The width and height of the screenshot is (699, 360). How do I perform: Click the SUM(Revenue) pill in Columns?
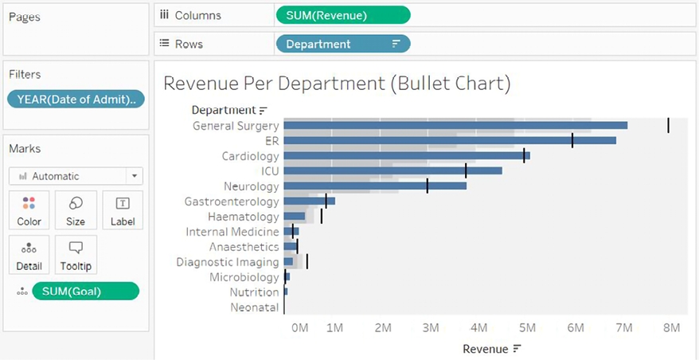click(343, 15)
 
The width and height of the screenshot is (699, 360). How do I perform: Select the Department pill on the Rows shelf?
click(343, 44)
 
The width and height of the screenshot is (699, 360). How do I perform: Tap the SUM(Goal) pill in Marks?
click(85, 292)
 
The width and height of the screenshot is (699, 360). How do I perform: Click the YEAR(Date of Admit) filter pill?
click(76, 99)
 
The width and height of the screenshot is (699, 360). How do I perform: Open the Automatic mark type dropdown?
click(76, 176)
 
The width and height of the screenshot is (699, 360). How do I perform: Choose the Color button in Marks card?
click(29, 210)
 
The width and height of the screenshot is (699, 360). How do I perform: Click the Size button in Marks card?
click(76, 210)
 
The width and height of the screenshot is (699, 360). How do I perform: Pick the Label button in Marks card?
click(123, 210)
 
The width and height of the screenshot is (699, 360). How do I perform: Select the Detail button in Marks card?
click(29, 255)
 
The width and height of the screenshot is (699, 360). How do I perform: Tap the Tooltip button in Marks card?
click(76, 255)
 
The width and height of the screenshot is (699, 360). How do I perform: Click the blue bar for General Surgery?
click(455, 125)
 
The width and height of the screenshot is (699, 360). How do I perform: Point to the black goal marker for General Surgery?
click(668, 125)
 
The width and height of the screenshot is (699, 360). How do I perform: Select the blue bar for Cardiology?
click(406, 155)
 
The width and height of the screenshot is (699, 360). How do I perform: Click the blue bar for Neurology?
click(374, 186)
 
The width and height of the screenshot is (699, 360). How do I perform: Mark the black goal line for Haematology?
click(322, 216)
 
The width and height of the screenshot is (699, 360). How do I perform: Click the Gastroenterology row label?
click(232, 202)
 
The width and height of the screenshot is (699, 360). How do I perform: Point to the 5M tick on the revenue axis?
click(527, 327)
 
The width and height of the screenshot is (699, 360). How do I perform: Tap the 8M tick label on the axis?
click(672, 327)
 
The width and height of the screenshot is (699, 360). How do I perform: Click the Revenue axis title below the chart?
click(485, 348)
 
